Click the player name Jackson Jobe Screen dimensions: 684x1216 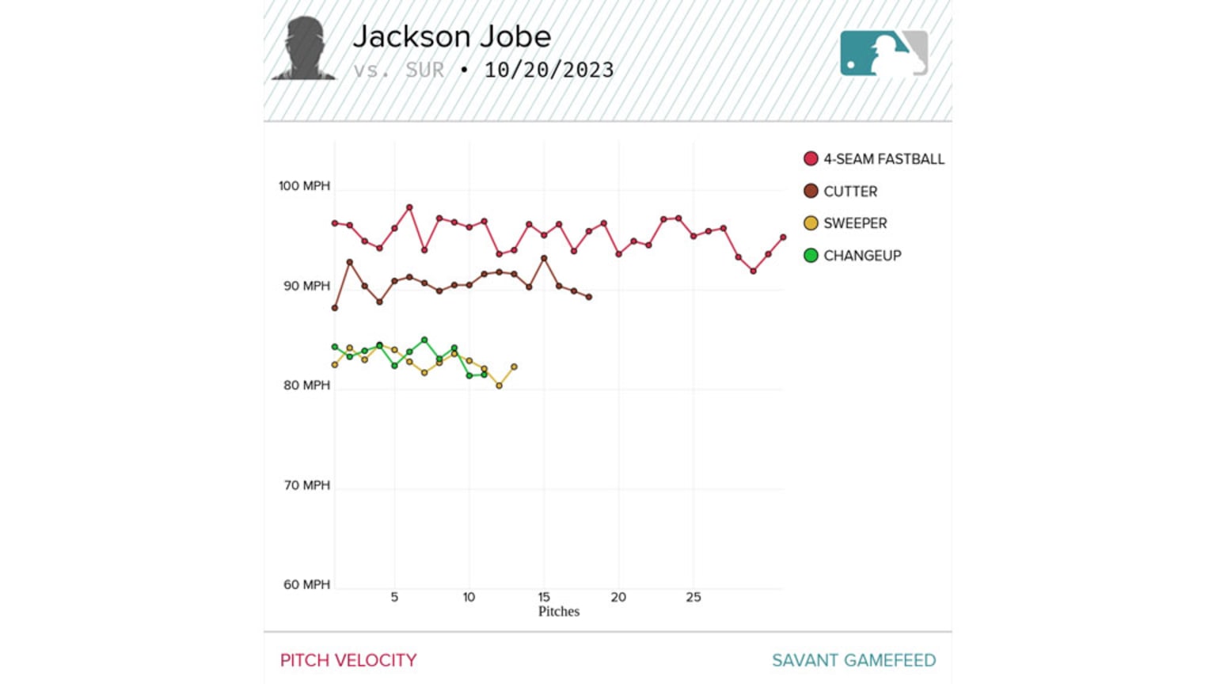pyautogui.click(x=451, y=36)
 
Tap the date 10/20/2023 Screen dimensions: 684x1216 pyautogui.click(x=549, y=70)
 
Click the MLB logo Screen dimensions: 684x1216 pyautogui.click(x=883, y=53)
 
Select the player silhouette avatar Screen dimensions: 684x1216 pyautogui.click(x=304, y=48)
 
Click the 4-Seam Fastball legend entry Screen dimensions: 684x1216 pyautogui.click(x=874, y=159)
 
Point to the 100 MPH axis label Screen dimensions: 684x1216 pyautogui.click(x=304, y=186)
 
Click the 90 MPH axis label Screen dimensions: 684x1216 pyautogui.click(x=306, y=286)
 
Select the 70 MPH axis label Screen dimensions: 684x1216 pyautogui.click(x=306, y=485)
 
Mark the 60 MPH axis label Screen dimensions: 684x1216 pyautogui.click(x=306, y=585)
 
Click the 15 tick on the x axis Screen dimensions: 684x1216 pyautogui.click(x=544, y=598)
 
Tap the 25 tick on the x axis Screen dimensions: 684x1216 pyautogui.click(x=693, y=598)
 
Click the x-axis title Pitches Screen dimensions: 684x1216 pyautogui.click(x=559, y=612)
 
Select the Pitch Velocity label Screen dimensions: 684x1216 pyautogui.click(x=348, y=660)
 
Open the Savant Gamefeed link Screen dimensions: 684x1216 pyautogui.click(x=853, y=660)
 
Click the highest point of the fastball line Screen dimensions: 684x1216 pyautogui.click(x=409, y=207)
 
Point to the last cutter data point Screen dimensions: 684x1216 pyautogui.click(x=589, y=297)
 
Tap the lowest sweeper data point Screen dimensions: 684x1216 pyautogui.click(x=500, y=386)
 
